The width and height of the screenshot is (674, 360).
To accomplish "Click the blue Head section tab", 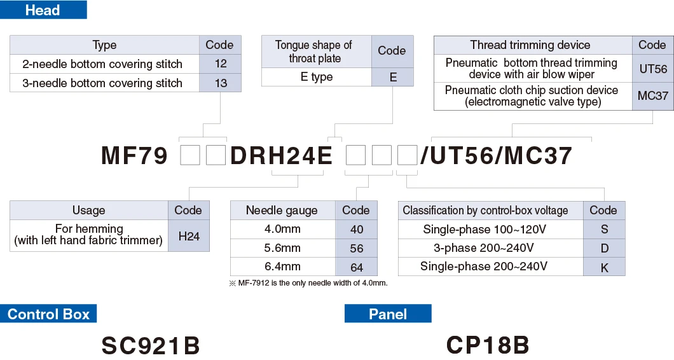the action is [43, 10].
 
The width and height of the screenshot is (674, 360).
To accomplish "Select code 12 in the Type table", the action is [220, 64].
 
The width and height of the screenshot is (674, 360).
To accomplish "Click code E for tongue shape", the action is [392, 77].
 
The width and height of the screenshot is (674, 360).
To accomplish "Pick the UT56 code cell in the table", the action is [652, 69].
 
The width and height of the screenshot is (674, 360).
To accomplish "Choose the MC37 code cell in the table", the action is [652, 96].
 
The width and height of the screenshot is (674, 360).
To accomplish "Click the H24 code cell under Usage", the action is [189, 236].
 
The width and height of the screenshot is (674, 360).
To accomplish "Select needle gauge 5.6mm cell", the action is [282, 248].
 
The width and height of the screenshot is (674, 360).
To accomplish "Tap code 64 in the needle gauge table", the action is [356, 267].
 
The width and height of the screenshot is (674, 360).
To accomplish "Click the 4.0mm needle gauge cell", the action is [282, 229].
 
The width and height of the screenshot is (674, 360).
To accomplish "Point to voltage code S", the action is [604, 229].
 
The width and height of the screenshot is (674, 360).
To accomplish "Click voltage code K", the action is [604, 267].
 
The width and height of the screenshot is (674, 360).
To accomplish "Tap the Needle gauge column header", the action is [282, 211].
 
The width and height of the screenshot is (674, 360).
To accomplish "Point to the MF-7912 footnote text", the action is [308, 283].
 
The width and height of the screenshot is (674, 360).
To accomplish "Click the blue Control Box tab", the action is [48, 314].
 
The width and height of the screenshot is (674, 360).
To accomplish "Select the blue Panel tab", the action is [388, 314].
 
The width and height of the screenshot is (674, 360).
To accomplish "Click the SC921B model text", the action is [151, 345].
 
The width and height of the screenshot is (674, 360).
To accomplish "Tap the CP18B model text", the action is [488, 345].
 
